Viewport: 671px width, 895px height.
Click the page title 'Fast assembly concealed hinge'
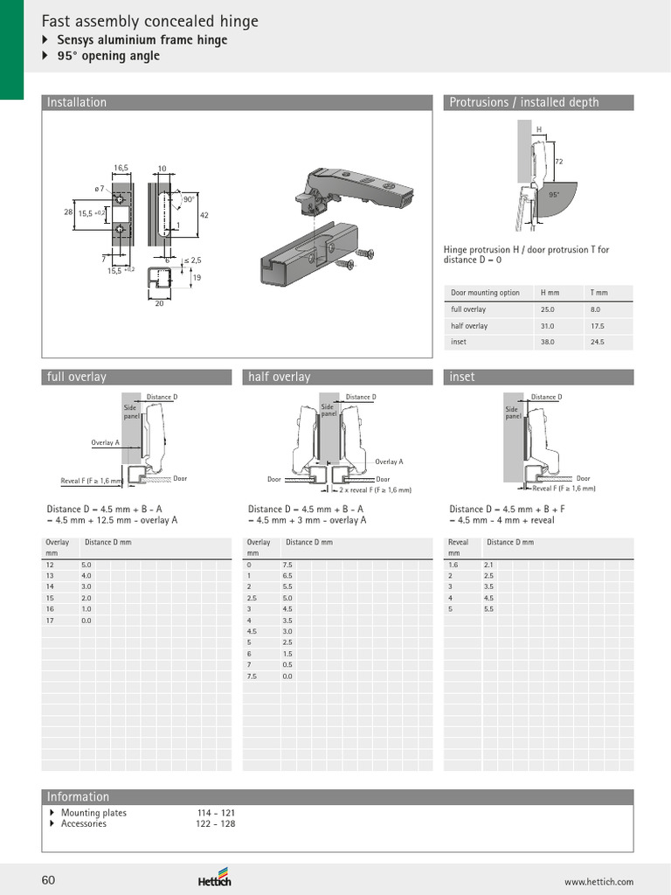150,22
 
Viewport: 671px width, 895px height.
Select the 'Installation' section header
77,102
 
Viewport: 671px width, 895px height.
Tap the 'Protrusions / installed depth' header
523,102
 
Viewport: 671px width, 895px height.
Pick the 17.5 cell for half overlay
597,326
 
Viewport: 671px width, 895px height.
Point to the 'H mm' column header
549,293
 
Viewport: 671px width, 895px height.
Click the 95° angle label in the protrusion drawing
553,196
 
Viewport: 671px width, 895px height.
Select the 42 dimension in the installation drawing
204,215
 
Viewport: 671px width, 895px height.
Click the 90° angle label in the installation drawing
189,200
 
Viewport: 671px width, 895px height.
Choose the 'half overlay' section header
279,377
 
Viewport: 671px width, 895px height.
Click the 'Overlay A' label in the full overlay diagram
105,443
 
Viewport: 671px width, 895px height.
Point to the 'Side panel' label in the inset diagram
512,413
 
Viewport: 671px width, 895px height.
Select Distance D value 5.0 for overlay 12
86,565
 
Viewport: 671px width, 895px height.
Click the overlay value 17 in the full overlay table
50,620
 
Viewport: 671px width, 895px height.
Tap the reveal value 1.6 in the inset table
453,565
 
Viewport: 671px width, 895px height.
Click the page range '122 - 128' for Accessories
215,823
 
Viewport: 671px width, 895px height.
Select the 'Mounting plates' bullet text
93,813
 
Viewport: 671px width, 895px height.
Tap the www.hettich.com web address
598,882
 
